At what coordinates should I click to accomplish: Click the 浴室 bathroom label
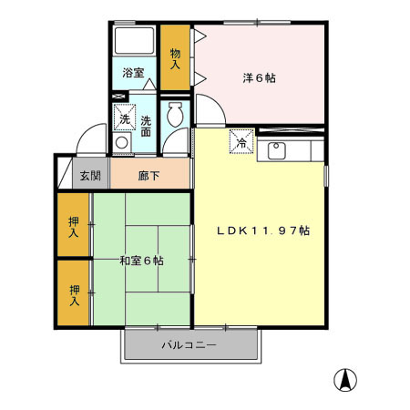tap(134, 72)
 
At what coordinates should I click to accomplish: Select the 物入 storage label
tap(175, 58)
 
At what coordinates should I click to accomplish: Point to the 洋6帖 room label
tap(259, 77)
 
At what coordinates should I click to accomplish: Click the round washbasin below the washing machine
tap(122, 142)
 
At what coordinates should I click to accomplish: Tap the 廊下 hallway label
tap(149, 176)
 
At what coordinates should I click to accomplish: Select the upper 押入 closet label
tap(74, 226)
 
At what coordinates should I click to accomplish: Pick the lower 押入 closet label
tap(74, 293)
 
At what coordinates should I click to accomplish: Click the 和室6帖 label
tap(141, 261)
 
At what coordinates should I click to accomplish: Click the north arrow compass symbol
tap(346, 379)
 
